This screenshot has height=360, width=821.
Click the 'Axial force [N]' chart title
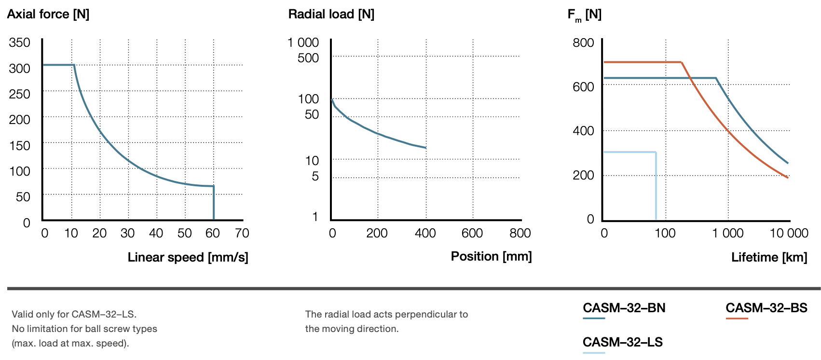(48, 14)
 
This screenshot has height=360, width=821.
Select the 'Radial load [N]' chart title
(331, 14)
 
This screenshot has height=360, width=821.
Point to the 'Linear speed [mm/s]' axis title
(188, 257)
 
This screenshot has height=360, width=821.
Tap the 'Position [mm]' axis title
(491, 256)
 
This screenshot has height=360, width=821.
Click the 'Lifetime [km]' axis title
(769, 257)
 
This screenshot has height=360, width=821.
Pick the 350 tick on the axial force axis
(20, 42)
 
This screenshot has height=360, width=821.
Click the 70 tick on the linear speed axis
(242, 234)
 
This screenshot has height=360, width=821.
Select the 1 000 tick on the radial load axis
(303, 42)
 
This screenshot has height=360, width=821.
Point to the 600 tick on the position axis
(472, 234)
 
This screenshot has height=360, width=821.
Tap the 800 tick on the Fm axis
(583, 42)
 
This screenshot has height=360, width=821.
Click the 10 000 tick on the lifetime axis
(789, 234)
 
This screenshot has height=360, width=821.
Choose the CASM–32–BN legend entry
(624, 308)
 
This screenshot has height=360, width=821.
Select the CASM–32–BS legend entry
(766, 308)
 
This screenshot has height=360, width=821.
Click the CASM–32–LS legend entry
(622, 342)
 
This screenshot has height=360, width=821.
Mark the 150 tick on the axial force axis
(20, 146)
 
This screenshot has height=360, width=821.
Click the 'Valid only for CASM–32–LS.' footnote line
(74, 314)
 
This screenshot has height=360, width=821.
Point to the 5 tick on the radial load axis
(315, 176)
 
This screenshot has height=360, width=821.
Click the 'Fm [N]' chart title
(584, 15)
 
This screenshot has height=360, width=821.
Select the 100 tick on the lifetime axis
(665, 234)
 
